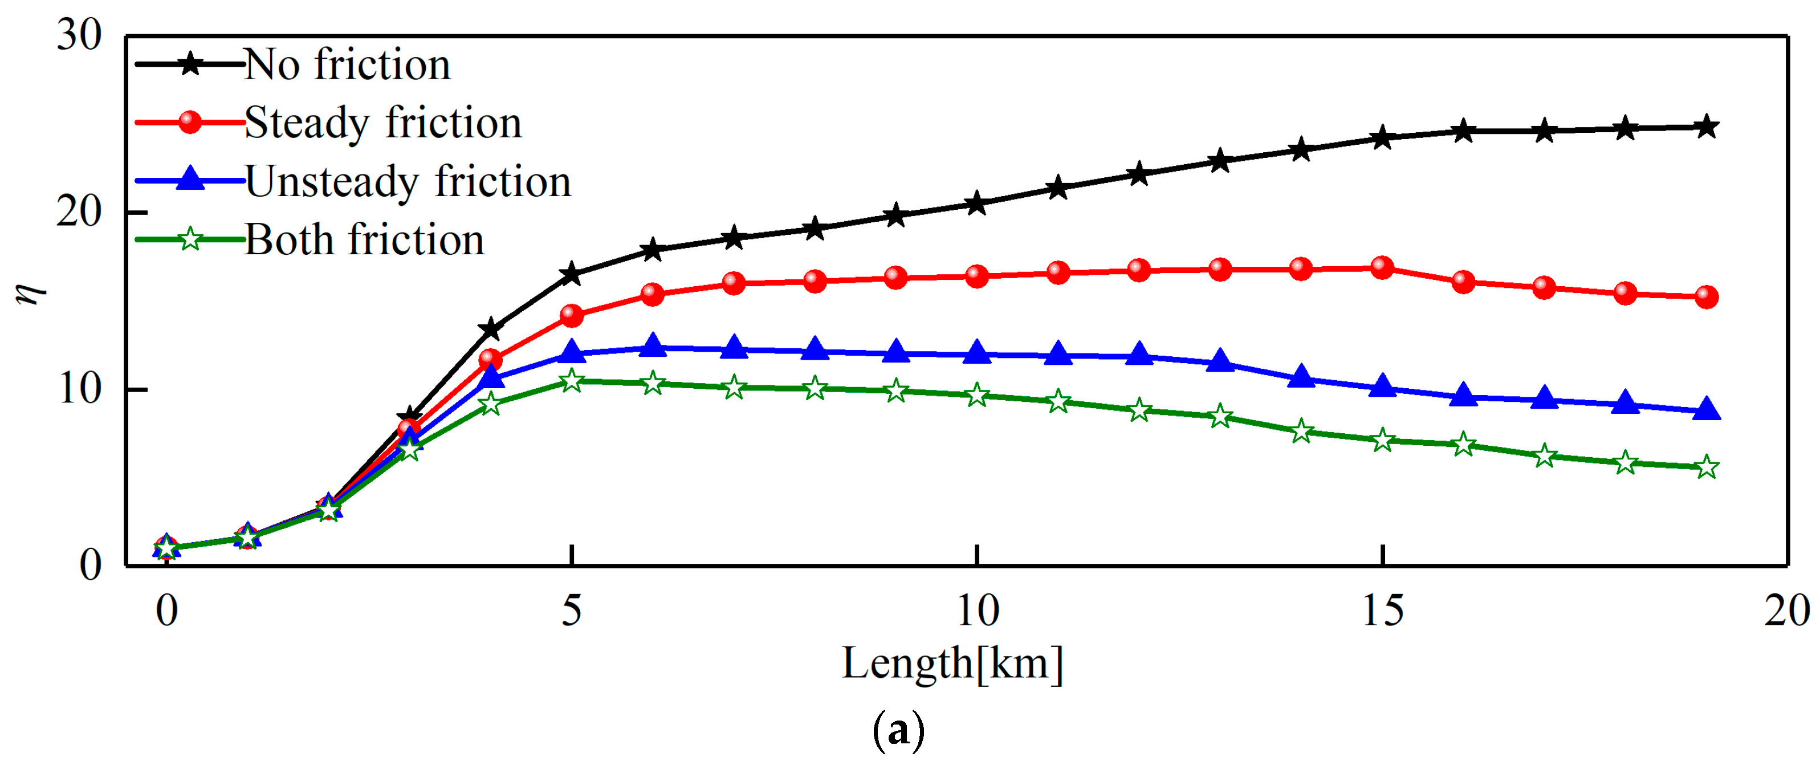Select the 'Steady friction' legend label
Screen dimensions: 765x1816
pos(383,123)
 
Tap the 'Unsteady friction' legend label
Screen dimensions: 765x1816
pos(408,182)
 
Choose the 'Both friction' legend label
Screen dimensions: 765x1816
pos(364,241)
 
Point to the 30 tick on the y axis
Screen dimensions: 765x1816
pos(79,35)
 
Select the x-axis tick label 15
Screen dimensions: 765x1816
pos(1382,611)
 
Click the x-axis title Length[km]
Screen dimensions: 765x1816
pos(952,664)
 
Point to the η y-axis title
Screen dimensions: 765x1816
pos(30,290)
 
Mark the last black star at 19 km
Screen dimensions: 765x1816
pos(1707,127)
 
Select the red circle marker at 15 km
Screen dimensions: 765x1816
pos(1382,268)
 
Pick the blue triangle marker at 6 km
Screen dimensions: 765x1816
pos(653,345)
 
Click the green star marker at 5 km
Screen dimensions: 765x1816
pos(572,381)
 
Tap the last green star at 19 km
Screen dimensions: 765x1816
pos(1707,467)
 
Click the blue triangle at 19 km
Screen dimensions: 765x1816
pos(1707,410)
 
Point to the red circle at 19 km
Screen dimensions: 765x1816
pos(1707,297)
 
